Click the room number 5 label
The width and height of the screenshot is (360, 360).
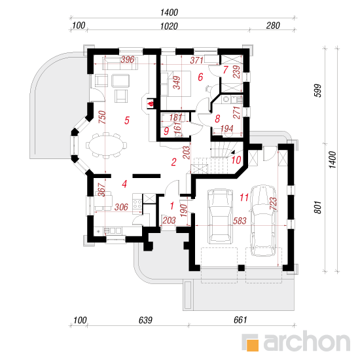[127, 120]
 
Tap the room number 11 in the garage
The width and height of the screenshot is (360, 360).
[244, 197]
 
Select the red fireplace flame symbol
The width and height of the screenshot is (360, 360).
[151, 103]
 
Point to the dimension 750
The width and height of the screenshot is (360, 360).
[103, 117]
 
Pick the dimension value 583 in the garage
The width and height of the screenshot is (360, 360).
[240, 221]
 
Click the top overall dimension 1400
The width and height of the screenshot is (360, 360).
[170, 12]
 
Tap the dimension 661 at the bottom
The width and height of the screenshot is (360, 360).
[240, 320]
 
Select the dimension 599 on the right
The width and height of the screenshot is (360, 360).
[318, 91]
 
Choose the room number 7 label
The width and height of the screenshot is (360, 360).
[225, 69]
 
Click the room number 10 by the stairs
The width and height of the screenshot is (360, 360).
[236, 160]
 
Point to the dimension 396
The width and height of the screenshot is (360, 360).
[128, 60]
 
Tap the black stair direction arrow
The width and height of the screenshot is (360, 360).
[233, 153]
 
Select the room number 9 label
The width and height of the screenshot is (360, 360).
[166, 131]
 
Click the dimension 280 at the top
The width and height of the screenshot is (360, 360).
[273, 26]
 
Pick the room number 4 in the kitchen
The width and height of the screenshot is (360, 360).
[124, 184]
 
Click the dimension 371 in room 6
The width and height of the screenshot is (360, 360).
[197, 60]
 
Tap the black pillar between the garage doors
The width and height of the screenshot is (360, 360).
[241, 268]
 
